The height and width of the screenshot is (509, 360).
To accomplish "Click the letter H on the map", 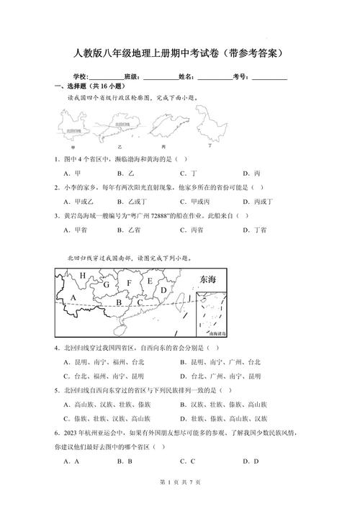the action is tap(83, 276).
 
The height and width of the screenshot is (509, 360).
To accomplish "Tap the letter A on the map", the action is tap(73, 298).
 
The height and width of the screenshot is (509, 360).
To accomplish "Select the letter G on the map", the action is tap(106, 285).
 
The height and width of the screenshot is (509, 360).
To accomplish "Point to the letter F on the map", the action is tap(130, 283).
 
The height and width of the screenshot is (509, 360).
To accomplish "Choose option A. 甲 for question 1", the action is tap(71, 174).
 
